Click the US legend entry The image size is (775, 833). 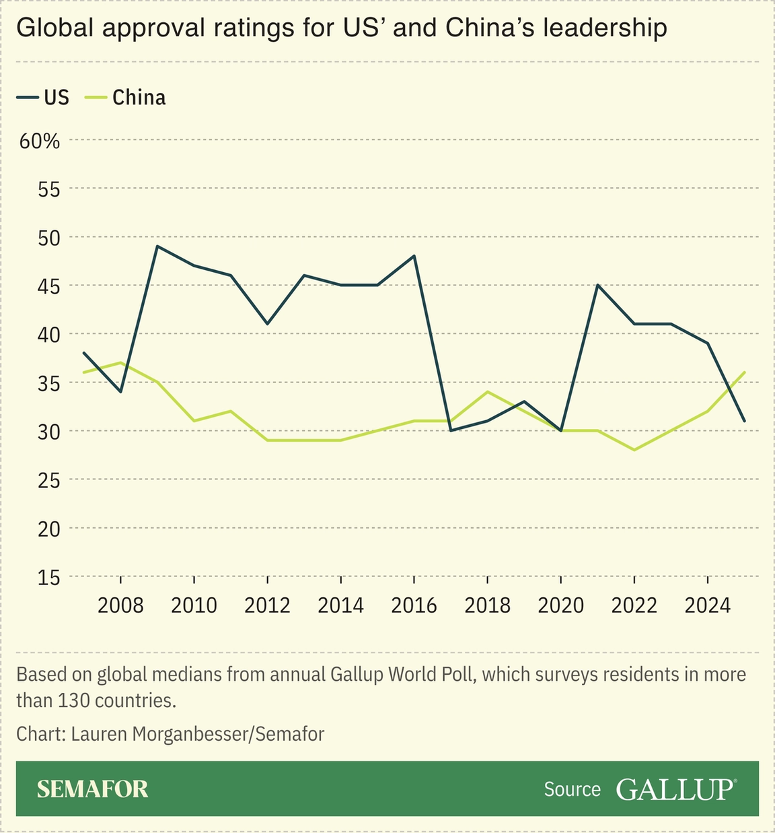pyautogui.click(x=43, y=98)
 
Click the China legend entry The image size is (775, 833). pyautogui.click(x=125, y=98)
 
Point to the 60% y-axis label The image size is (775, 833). pyautogui.click(x=40, y=141)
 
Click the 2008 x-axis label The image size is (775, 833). pyautogui.click(x=120, y=605)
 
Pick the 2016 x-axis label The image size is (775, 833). pyautogui.click(x=414, y=605)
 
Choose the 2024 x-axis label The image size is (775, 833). pyautogui.click(x=707, y=605)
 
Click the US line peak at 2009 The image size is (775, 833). pyautogui.click(x=157, y=246)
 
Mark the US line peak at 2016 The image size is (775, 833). pyautogui.click(x=414, y=256)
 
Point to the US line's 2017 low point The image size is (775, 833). pyautogui.click(x=451, y=430)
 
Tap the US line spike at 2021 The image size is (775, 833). pyautogui.click(x=597, y=285)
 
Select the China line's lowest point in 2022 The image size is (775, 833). pyautogui.click(x=634, y=450)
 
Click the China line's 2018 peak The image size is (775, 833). pyautogui.click(x=487, y=392)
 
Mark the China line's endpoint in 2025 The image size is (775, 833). pyautogui.click(x=744, y=372)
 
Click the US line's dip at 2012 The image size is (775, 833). pyautogui.click(x=267, y=324)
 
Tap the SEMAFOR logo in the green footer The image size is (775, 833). pyautogui.click(x=92, y=789)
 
